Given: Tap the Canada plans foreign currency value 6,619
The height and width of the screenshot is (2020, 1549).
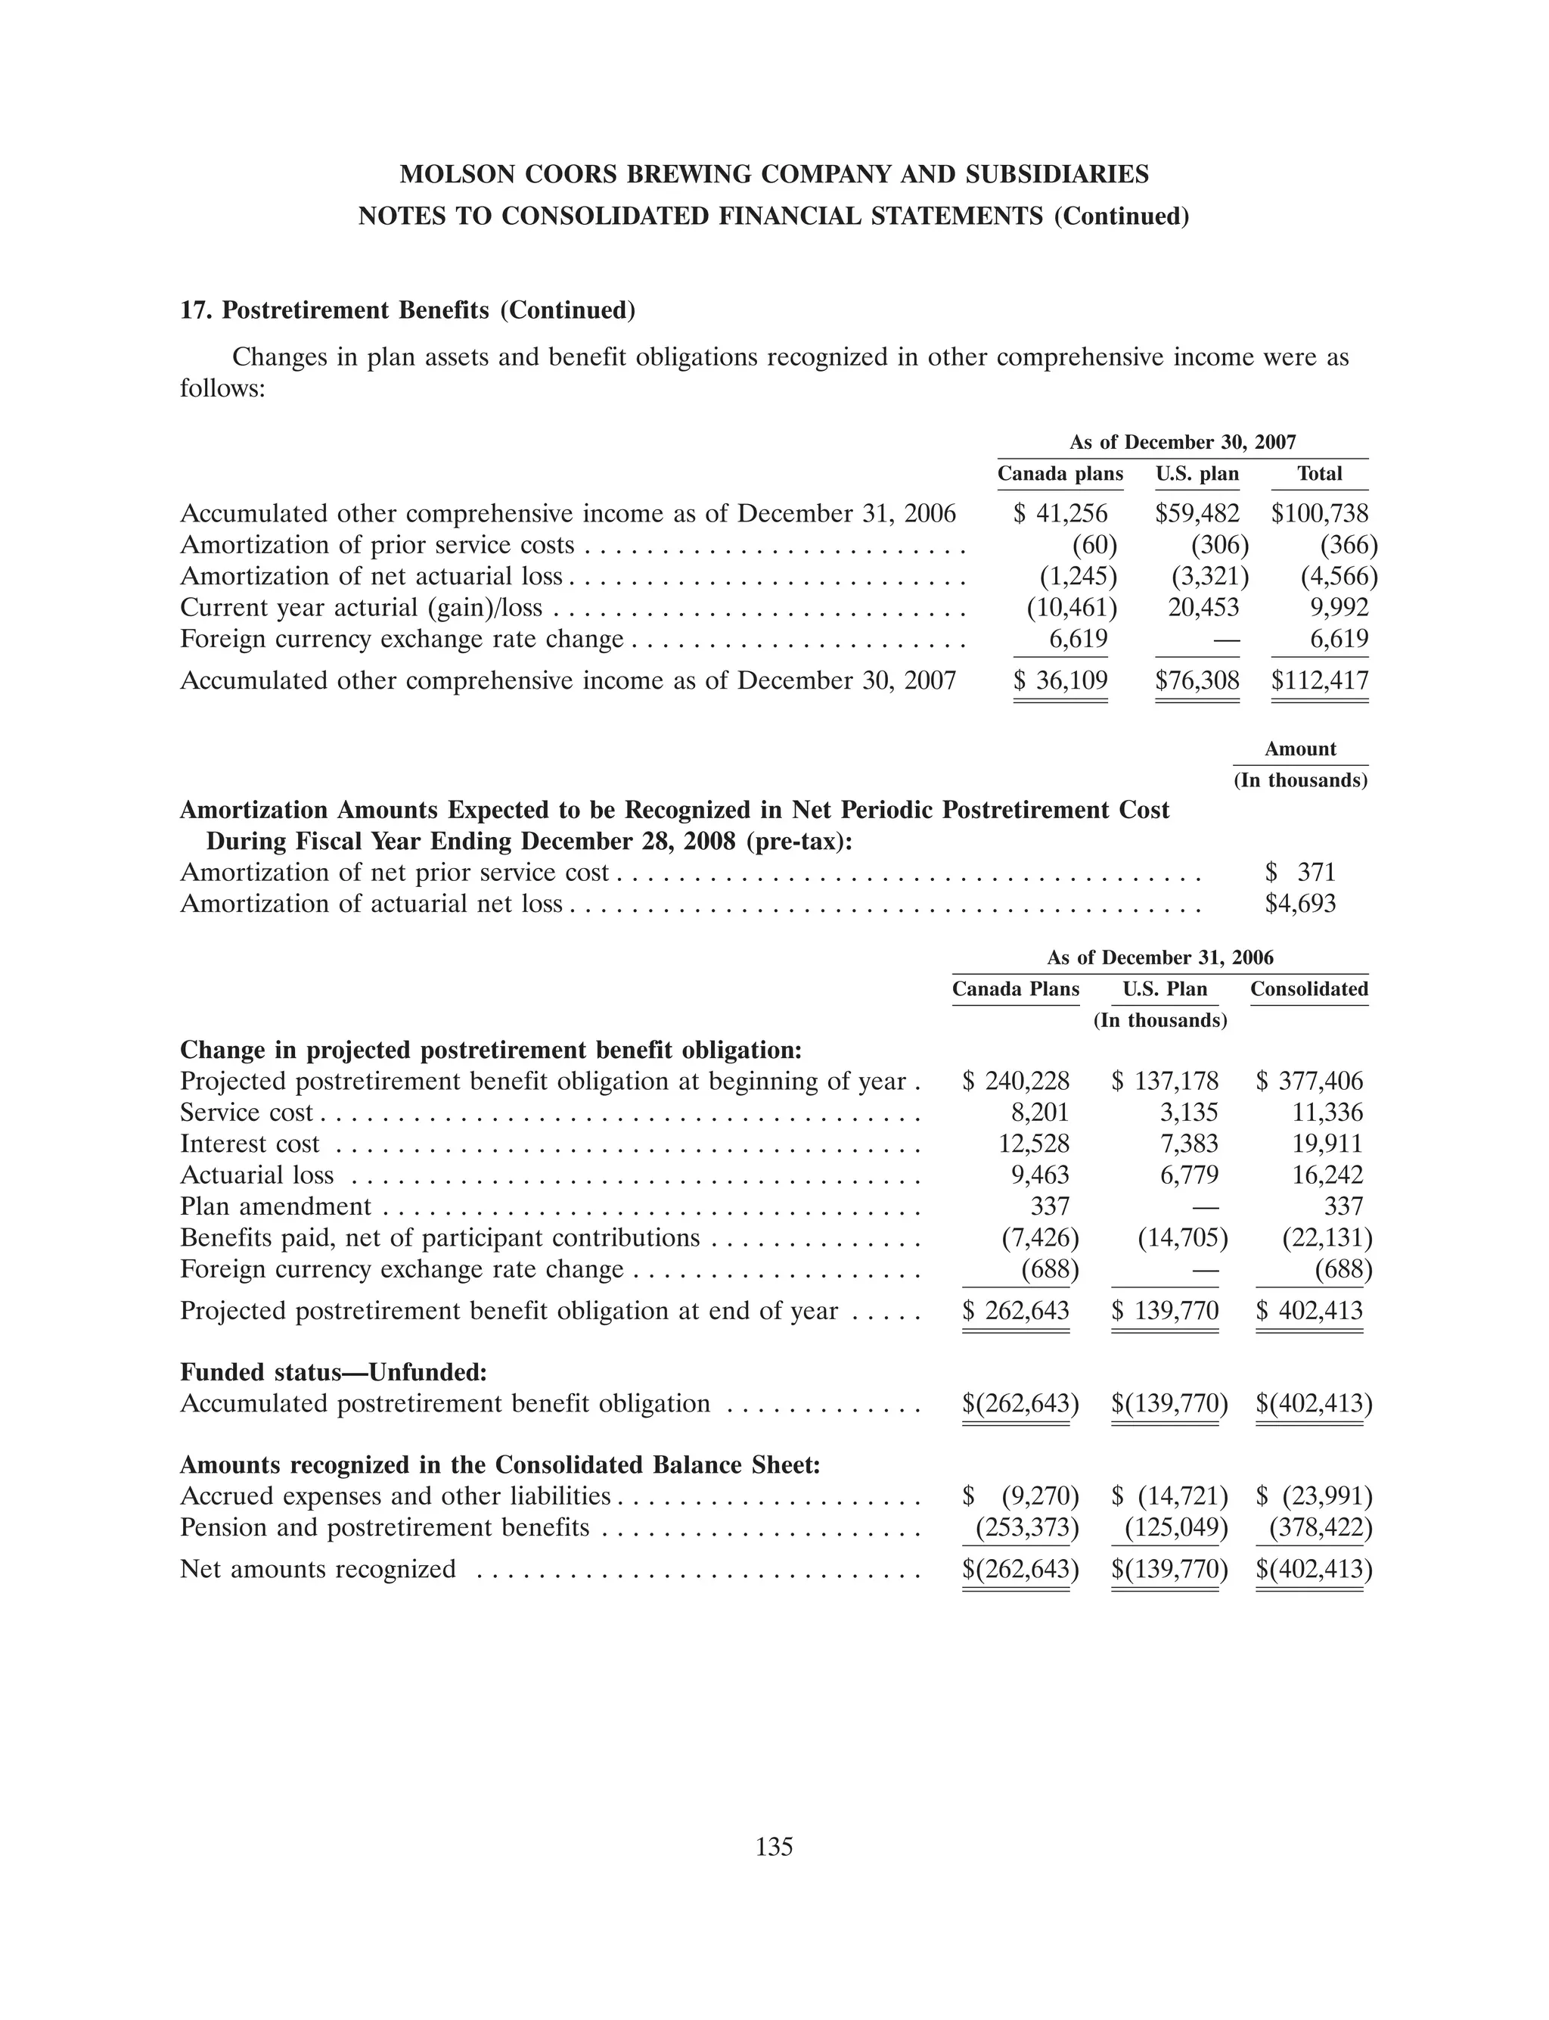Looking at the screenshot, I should pyautogui.click(x=1078, y=640).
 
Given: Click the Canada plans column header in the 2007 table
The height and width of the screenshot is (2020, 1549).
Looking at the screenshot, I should pyautogui.click(x=1060, y=474).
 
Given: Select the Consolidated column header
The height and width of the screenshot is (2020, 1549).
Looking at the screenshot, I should pyautogui.click(x=1308, y=990).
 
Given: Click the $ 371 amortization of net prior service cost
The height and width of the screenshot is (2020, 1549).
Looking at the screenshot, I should pyautogui.click(x=1300, y=873).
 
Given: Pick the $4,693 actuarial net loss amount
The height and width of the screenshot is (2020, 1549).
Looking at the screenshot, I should pyautogui.click(x=1300, y=904).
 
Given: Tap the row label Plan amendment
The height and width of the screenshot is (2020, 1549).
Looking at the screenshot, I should pyautogui.click(x=275, y=1206).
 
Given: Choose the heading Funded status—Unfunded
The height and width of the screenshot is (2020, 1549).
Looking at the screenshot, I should pyautogui.click(x=333, y=1372).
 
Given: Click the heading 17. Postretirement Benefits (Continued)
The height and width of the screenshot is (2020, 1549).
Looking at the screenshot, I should pyautogui.click(x=408, y=311).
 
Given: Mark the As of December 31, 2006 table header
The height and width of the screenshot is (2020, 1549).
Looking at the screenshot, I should pyautogui.click(x=1160, y=958).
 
